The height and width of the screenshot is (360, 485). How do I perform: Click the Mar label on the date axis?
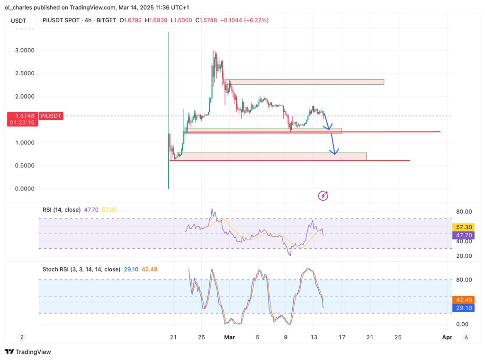(229, 337)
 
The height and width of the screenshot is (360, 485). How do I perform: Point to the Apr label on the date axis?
(446, 337)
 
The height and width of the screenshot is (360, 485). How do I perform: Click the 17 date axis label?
(342, 337)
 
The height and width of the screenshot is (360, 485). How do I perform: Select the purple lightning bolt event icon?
(323, 195)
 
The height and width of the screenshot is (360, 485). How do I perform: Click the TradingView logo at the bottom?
(28, 352)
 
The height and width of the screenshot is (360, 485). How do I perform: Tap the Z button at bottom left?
(22, 337)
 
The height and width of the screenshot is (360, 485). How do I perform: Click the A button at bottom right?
(467, 337)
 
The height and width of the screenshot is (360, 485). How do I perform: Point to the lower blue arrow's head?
(335, 153)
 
